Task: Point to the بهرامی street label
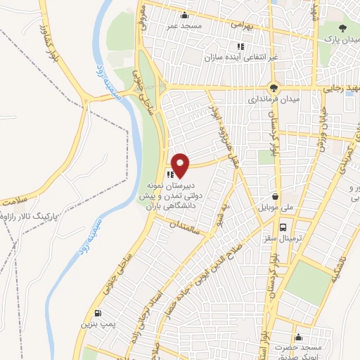[x=237, y=23]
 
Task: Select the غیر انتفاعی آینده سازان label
[x=241, y=56]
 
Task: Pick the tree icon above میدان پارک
[x=342, y=28]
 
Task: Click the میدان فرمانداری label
[x=268, y=100]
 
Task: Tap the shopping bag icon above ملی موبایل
[x=276, y=197]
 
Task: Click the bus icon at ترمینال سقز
[x=283, y=228]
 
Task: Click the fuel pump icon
[x=97, y=313]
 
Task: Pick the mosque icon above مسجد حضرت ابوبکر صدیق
[x=299, y=337]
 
